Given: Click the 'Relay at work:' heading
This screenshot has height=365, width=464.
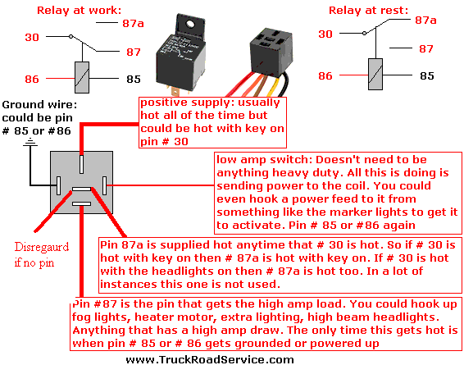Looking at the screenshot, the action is [x=79, y=11].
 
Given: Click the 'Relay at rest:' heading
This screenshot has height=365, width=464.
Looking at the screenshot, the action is [x=368, y=11].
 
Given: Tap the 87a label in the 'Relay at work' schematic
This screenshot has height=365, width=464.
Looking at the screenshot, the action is [x=133, y=24].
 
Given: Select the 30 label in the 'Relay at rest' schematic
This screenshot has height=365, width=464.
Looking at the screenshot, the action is [x=325, y=34].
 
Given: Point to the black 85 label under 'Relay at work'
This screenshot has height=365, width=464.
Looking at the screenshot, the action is [x=134, y=79].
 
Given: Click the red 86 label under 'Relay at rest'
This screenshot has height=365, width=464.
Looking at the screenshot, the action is [x=325, y=75].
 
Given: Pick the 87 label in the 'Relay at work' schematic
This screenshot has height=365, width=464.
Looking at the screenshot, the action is [x=134, y=52].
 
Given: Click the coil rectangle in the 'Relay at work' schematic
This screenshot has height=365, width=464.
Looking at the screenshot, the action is [x=82, y=78].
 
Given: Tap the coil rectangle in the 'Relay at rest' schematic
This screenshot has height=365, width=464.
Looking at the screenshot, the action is [x=375, y=75].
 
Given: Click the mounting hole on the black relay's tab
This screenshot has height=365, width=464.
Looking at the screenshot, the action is [x=189, y=24].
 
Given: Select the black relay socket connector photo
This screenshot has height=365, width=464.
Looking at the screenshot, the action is [x=271, y=52].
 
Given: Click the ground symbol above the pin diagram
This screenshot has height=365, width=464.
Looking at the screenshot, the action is [x=30, y=143].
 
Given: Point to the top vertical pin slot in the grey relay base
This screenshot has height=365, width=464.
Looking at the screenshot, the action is [x=81, y=164].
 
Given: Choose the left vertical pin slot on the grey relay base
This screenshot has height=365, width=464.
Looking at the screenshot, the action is [x=58, y=185].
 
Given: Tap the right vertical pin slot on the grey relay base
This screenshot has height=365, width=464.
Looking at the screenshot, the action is [x=104, y=185].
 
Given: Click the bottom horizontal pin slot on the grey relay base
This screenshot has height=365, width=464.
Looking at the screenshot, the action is [x=81, y=203].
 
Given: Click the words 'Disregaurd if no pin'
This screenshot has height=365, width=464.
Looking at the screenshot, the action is [x=42, y=254].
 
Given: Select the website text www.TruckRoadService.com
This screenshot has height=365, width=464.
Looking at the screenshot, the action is [x=210, y=360].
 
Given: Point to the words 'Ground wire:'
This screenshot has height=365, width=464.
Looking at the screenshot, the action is [x=39, y=105].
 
